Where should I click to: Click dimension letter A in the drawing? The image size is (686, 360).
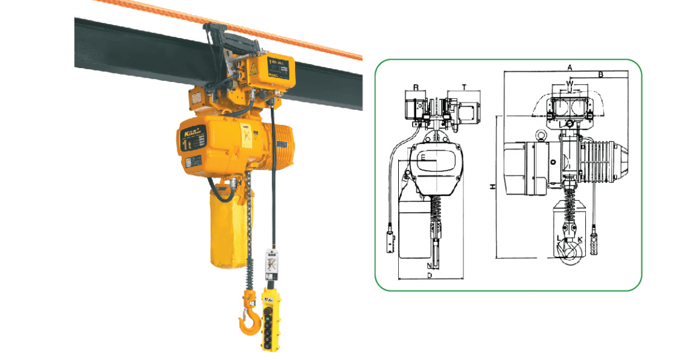point(570,66)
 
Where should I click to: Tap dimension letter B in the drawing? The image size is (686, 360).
point(601,74)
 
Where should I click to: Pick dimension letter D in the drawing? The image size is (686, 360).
point(428,276)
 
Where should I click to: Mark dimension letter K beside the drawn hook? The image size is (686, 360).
point(580,239)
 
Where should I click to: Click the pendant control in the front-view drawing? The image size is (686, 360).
point(390,241)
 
